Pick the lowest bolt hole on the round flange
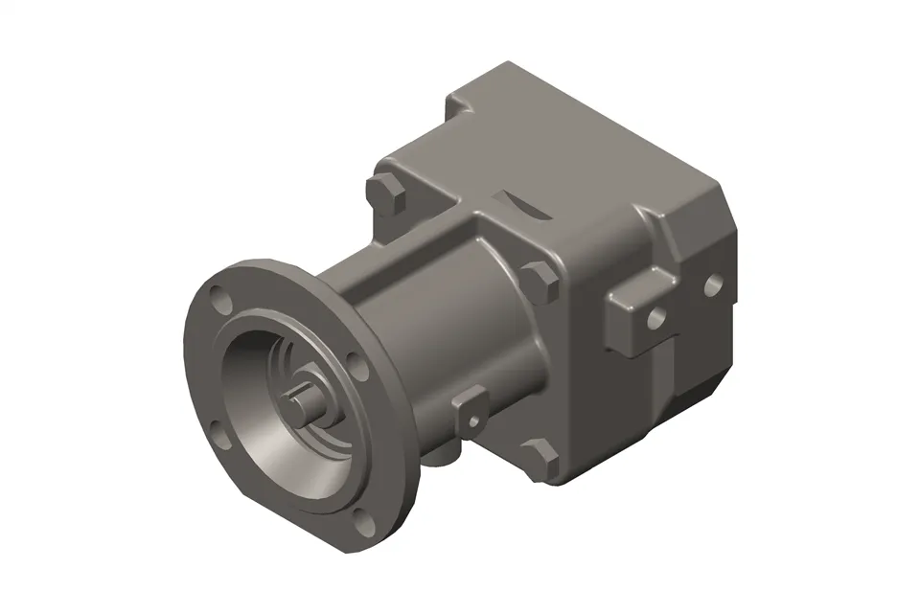coord(360,519)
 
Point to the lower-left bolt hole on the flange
coord(219,439)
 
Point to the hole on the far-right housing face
coord(713,284)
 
